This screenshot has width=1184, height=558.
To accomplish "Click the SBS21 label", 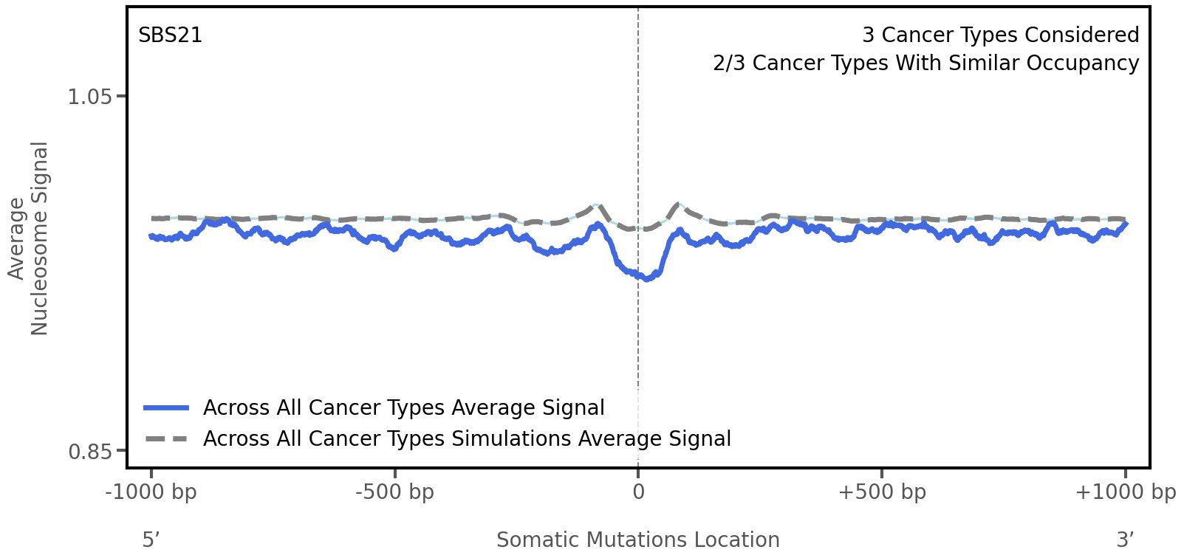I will click(x=170, y=35).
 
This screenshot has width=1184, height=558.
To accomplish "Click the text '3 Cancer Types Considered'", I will click(x=1000, y=35).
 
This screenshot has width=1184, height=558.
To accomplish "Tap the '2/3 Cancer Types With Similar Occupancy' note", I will click(x=925, y=63).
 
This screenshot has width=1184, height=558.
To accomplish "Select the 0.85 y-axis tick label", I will click(x=89, y=451).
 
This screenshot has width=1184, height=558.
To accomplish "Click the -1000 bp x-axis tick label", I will click(x=151, y=492).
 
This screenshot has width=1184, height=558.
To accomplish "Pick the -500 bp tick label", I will click(x=394, y=492).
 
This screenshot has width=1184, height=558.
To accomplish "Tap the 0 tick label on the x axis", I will click(x=638, y=492).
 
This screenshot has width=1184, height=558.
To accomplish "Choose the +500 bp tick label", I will click(x=882, y=492).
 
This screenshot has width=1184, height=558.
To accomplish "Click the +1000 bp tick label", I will click(x=1125, y=492).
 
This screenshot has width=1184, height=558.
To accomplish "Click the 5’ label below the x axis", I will click(x=151, y=540).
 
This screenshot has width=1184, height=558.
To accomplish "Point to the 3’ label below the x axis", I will click(x=1125, y=540).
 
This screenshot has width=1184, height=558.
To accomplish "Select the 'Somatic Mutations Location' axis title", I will click(x=637, y=540).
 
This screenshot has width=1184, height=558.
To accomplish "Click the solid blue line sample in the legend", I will click(x=167, y=408).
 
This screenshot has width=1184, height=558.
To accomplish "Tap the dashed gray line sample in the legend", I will click(x=167, y=439).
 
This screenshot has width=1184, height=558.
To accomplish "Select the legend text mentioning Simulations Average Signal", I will click(x=467, y=439).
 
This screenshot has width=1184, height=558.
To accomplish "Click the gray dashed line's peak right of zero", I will click(x=676, y=204).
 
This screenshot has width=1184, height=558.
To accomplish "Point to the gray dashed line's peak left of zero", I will click(x=595, y=206).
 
